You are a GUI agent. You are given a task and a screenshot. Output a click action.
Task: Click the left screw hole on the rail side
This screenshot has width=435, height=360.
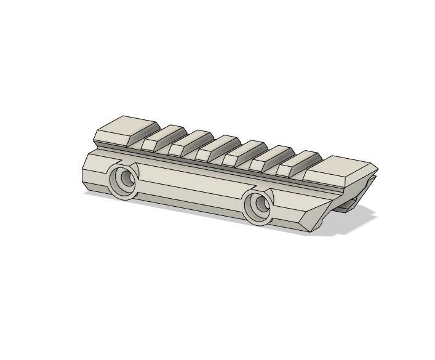point(127,179)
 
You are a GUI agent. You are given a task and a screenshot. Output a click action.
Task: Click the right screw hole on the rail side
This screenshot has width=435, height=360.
point(261,204)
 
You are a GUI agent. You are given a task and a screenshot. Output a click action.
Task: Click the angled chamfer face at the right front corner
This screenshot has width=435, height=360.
point(317,218)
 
